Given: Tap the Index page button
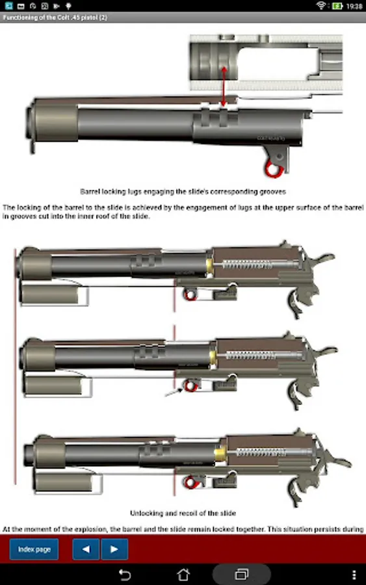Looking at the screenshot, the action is coord(34,549).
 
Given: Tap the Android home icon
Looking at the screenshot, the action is coord(183,575).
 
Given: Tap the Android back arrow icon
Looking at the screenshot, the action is coord(125,575).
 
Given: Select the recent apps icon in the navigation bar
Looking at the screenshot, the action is coord(242,575).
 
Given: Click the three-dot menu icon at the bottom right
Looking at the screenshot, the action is coord(354,575).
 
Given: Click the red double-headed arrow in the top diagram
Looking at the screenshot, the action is coord(224,86).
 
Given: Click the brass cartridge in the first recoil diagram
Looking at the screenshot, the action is coord(209,265).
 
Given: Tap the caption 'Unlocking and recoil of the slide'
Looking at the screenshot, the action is coord(183,513).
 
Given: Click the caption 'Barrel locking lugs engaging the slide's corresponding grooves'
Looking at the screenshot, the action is coord(183,192).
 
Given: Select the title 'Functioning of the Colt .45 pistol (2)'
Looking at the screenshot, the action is coord(55,18).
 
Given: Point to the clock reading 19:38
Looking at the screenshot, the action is coord(354,6).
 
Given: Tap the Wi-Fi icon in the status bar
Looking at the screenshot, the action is coord(321,5).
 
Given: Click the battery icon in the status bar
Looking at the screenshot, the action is coord(337,6).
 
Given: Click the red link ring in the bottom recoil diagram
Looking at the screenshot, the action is coord(190,482).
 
